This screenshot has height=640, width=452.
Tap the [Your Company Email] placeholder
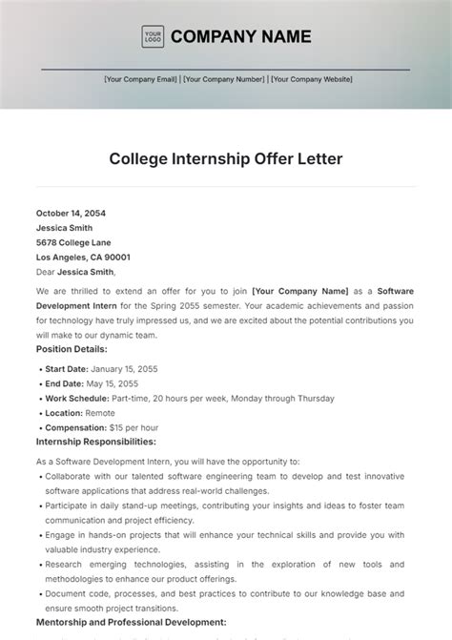coord(141,80)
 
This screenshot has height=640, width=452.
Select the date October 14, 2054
coord(74,214)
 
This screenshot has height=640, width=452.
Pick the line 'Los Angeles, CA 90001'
coord(84,257)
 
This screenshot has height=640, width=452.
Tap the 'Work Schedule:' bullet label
coord(78,398)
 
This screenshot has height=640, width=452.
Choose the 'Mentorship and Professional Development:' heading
coord(131,621)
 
